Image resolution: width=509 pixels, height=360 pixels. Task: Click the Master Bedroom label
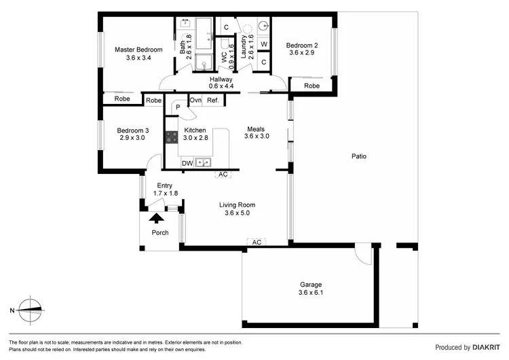click(138, 50)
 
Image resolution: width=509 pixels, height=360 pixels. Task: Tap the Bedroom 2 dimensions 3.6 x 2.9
click(302, 52)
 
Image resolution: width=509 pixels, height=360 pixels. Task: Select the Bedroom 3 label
click(133, 130)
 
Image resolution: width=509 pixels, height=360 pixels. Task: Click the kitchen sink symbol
click(202, 163)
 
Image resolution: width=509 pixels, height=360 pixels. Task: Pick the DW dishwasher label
click(187, 163)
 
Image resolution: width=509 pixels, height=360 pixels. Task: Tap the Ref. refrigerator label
click(212, 101)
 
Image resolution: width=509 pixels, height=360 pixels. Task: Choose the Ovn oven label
click(195, 101)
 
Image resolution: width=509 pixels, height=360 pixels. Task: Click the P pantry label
click(178, 107)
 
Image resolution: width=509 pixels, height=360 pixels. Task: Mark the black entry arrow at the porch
click(157, 219)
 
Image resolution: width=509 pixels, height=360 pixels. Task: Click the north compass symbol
click(30, 310)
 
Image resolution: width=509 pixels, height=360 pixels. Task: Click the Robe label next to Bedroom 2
click(312, 86)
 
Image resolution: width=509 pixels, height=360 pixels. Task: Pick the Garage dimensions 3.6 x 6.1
click(311, 293)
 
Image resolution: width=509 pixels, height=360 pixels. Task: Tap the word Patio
click(359, 156)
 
